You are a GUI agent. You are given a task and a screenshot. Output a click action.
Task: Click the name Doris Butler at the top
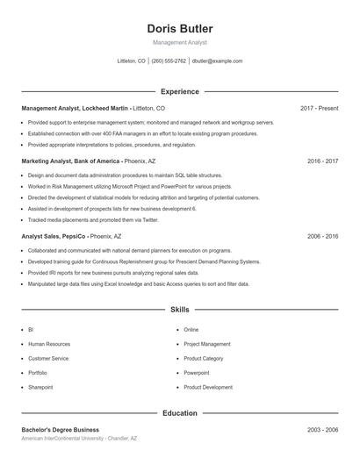coord(179,29)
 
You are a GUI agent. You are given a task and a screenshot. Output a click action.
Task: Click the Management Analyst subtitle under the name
coord(179,43)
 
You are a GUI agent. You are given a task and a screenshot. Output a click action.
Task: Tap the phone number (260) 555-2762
coord(169,61)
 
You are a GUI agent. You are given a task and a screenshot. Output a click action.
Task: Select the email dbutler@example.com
coord(217,61)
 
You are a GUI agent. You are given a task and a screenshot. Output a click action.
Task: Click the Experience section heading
coord(179,91)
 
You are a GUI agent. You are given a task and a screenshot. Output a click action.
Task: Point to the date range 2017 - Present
coord(319,108)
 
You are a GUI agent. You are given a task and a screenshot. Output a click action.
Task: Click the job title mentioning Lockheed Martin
coord(77,108)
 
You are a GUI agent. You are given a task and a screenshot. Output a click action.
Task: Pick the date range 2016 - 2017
coord(322,161)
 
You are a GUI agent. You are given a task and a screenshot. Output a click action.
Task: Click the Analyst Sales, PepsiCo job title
coord(54,236)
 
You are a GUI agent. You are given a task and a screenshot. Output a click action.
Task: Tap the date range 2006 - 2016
coord(322,236)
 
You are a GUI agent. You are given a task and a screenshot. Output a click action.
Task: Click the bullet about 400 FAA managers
coord(142,133)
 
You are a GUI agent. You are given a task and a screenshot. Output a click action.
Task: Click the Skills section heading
coord(179,310)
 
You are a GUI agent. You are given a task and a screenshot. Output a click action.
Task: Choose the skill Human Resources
coord(49,344)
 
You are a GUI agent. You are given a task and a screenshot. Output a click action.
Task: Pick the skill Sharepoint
coord(40,387)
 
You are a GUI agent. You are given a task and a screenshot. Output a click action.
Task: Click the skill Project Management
coord(207,344)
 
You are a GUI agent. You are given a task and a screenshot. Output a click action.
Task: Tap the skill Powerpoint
coord(197,373)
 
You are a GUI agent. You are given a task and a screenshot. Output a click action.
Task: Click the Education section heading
coord(179,412)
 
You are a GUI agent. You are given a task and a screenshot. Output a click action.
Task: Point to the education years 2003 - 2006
coord(322,430)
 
